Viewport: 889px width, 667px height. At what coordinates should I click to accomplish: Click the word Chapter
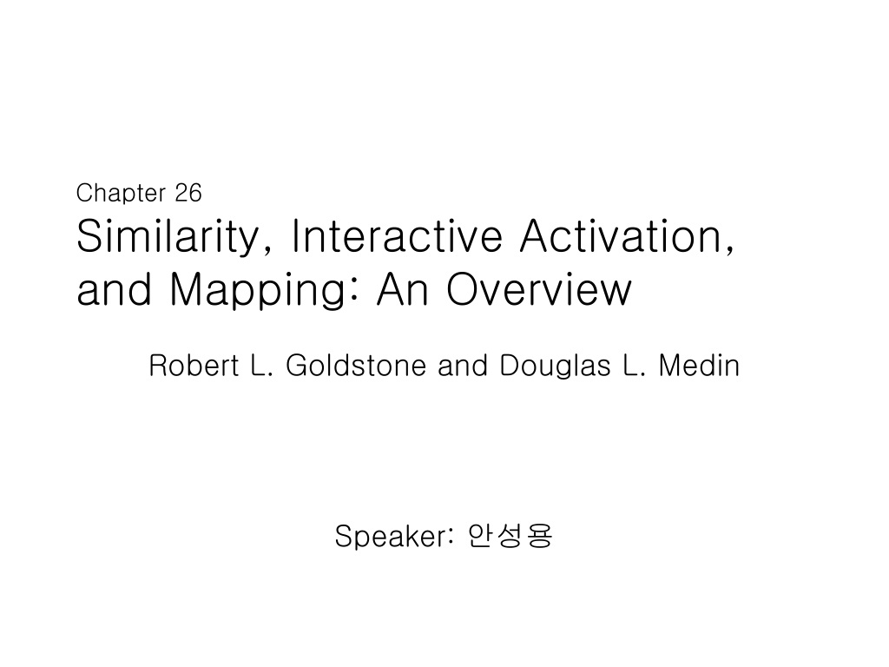click(121, 194)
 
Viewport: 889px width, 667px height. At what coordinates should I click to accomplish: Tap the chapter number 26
click(188, 193)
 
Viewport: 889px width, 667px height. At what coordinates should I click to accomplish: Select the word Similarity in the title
click(168, 236)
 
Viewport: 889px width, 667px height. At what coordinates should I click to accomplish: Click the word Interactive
click(396, 235)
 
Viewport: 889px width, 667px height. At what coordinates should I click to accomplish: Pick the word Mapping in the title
click(258, 289)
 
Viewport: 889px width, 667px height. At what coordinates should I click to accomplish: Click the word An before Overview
click(402, 289)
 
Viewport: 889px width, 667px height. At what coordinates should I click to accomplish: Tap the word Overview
click(538, 289)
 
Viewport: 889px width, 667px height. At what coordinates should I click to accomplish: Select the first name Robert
click(194, 366)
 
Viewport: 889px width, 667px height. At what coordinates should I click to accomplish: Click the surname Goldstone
click(355, 366)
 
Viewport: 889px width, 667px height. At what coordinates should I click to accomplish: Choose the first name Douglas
click(555, 367)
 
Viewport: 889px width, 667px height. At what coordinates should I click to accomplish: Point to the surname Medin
click(699, 366)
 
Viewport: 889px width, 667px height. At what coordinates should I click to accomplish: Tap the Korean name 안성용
click(510, 535)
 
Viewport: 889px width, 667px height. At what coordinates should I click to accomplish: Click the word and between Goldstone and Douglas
click(462, 366)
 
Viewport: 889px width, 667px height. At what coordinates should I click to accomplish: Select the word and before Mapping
click(114, 289)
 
